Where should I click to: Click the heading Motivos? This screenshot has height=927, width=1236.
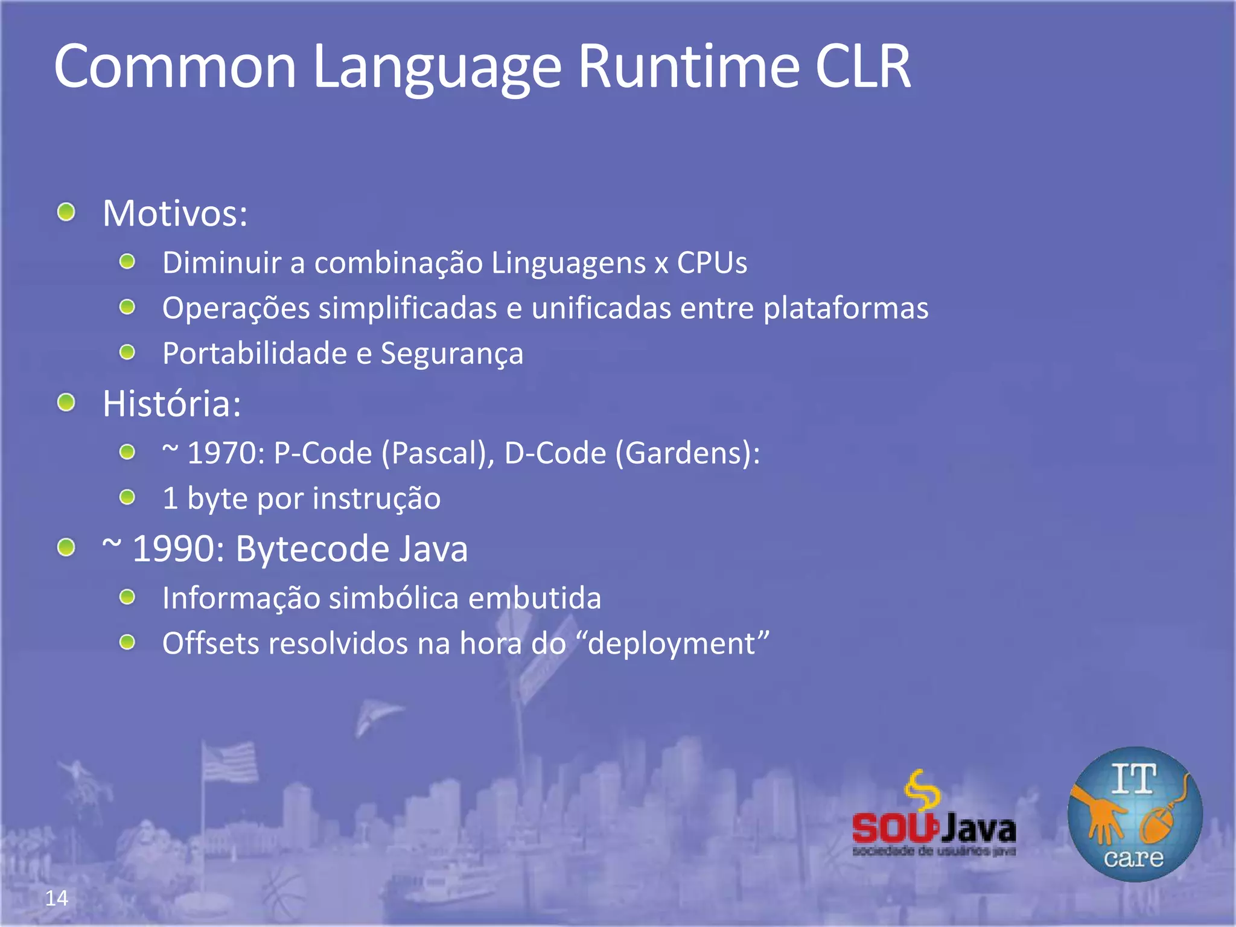tap(175, 213)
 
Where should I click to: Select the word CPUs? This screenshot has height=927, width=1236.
tap(712, 263)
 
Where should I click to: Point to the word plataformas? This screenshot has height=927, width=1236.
tap(846, 308)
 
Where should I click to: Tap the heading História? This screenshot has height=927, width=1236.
tap(172, 403)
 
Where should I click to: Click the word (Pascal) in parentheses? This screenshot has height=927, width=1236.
tap(438, 453)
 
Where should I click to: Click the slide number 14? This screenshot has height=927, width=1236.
tap(57, 898)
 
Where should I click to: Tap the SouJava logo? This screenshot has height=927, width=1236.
tap(934, 815)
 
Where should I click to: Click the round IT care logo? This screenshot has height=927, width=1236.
tap(1135, 814)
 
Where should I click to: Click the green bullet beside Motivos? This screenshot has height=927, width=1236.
tap(66, 212)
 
